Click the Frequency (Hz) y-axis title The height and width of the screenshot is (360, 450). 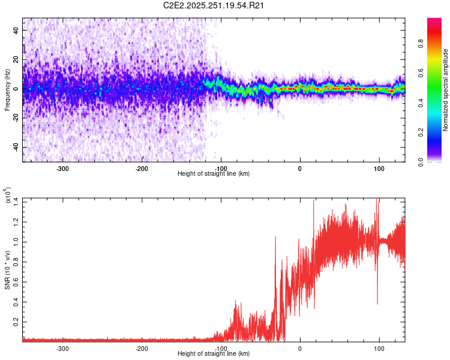(7, 90)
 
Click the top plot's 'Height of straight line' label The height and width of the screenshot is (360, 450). (214, 173)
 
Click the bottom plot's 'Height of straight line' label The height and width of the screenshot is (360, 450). (214, 353)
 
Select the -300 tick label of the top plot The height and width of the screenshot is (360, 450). (62, 169)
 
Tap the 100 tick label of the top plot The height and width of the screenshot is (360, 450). (379, 169)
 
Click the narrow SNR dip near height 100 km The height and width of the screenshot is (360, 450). (377, 303)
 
